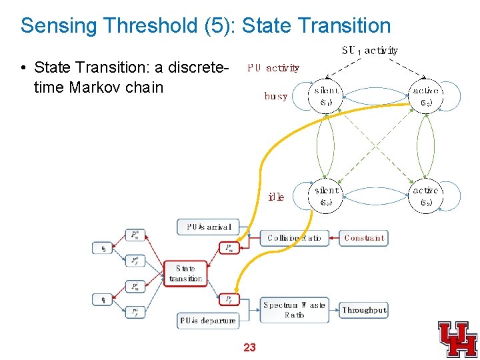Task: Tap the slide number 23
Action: tap(249, 347)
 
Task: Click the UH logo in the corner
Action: tap(457, 339)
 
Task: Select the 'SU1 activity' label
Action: tap(370, 50)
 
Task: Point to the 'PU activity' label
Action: tap(273, 67)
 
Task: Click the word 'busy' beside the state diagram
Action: tap(276, 96)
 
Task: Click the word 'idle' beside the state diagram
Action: tap(276, 197)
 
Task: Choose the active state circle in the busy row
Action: tap(426, 96)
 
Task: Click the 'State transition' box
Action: tap(185, 273)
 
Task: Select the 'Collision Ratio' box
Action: tap(294, 238)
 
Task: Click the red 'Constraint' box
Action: tap(364, 238)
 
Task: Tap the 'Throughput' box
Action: tap(364, 310)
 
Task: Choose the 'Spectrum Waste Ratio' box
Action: tap(294, 310)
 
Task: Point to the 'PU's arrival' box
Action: tap(208, 227)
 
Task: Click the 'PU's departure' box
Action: tap(208, 321)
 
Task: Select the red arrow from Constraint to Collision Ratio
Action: tap(335, 238)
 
